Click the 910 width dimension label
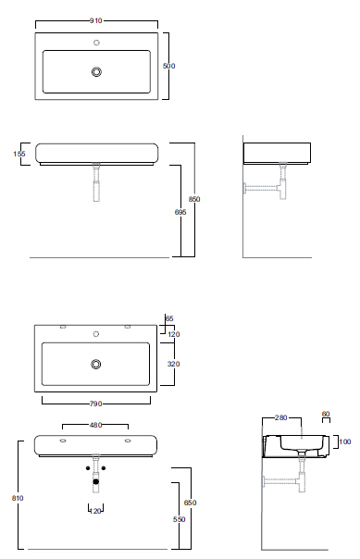(x=96, y=20)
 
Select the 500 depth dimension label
(x=169, y=66)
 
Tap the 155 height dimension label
(x=19, y=154)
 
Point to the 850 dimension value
(x=194, y=199)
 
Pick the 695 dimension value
(x=180, y=212)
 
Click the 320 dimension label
(x=174, y=364)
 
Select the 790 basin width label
(x=96, y=404)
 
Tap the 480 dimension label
(x=95, y=425)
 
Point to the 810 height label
(x=18, y=498)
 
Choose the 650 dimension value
(x=190, y=503)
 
